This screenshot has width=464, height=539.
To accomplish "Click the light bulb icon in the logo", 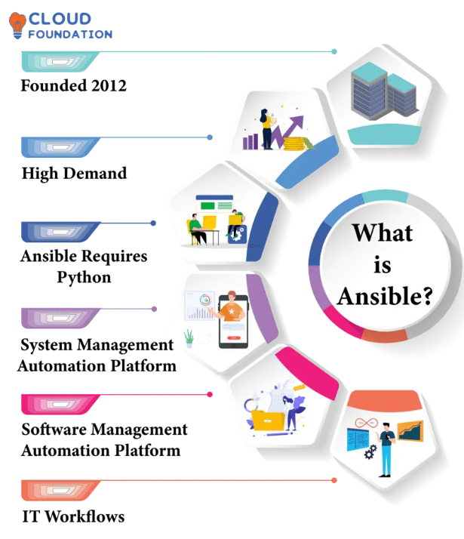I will point(17,23).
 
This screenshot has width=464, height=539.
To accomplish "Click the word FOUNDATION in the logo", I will point(70,34).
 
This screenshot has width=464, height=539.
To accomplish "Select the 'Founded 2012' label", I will point(73,85).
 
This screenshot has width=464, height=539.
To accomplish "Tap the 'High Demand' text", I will point(74,174).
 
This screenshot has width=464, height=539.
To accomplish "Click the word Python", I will point(84,277).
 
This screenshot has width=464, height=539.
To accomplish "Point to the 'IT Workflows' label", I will point(72,517).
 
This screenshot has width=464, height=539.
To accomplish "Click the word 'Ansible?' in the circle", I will point(385,296).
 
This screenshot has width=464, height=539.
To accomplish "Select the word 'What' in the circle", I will point(383,232).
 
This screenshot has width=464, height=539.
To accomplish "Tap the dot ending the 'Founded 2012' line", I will point(334,51).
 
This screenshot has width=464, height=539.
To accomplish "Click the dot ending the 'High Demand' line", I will point(210,137).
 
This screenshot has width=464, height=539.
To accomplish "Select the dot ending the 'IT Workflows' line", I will point(334,480).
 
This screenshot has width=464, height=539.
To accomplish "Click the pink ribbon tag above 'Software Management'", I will point(60,404).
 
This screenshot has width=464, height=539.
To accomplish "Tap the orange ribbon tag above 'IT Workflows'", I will point(60,490).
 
